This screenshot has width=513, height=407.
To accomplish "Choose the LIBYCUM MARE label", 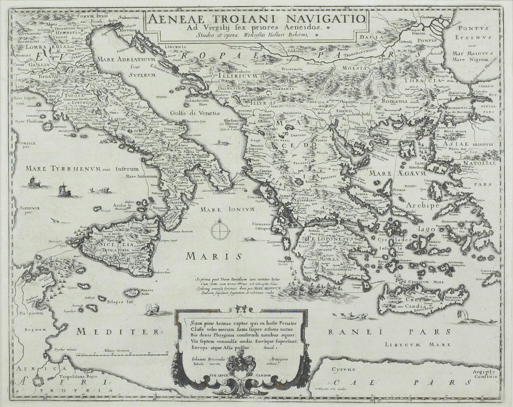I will point(417,344).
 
